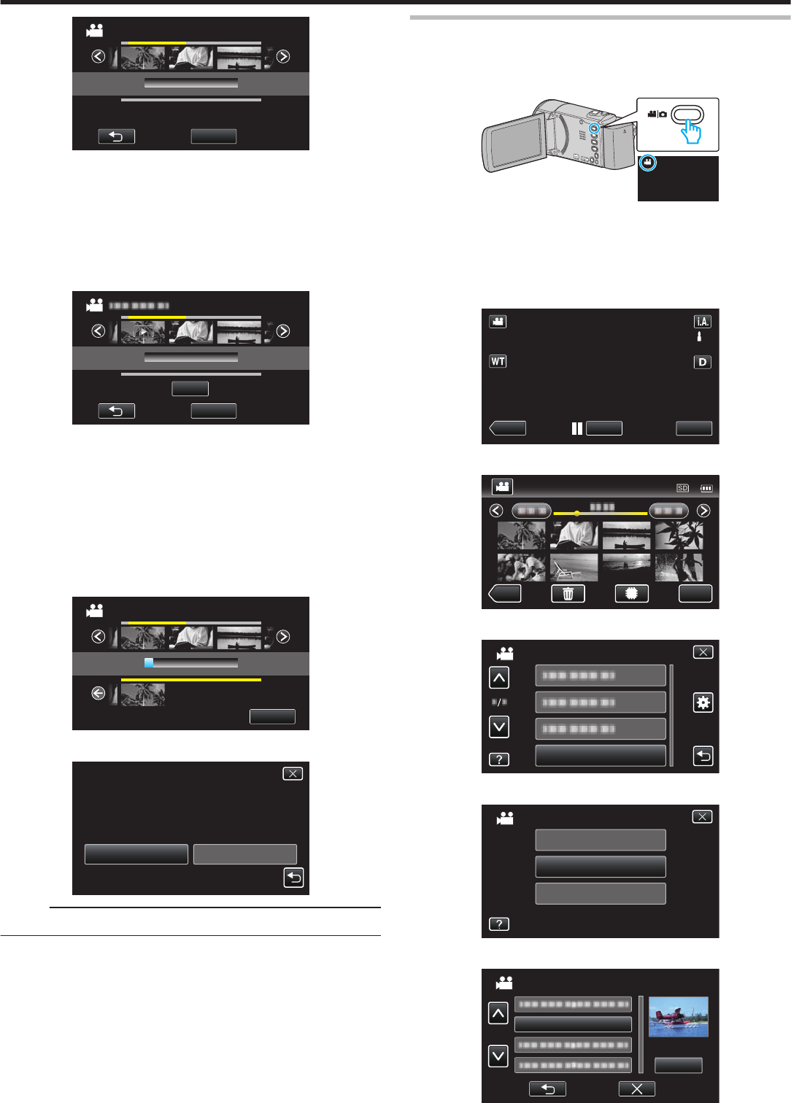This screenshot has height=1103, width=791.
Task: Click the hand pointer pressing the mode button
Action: click(x=690, y=131)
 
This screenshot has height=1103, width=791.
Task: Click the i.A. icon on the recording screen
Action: click(x=702, y=322)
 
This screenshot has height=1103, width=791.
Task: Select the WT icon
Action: click(x=498, y=361)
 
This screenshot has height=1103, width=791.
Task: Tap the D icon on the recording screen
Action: click(x=702, y=362)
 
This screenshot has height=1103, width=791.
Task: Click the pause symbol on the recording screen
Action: click(x=577, y=428)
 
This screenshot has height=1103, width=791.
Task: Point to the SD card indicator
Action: click(x=682, y=488)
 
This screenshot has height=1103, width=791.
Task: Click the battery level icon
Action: click(x=706, y=488)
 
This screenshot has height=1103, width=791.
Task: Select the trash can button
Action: click(x=568, y=594)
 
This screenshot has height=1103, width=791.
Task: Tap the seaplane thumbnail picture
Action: click(x=678, y=1017)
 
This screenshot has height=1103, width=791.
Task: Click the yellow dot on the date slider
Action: click(x=576, y=514)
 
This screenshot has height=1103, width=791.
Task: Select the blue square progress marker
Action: click(x=148, y=663)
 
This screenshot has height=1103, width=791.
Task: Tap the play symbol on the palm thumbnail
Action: click(x=144, y=332)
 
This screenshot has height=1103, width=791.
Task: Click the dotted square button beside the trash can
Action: click(x=631, y=594)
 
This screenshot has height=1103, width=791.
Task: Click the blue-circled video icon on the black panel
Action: click(x=647, y=163)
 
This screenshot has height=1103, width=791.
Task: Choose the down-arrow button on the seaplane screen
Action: click(x=498, y=1056)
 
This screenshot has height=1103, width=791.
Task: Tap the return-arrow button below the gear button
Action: click(x=702, y=756)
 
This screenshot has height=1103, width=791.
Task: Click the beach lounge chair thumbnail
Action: click(x=574, y=567)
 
